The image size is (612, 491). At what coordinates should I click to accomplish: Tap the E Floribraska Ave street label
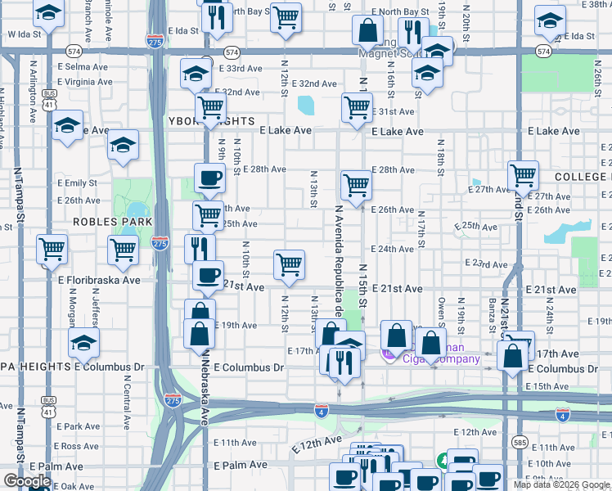pyautogui.click(x=99, y=280)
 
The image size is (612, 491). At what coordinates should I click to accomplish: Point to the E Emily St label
pyautogui.click(x=78, y=183)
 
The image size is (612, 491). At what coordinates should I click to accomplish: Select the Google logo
pyautogui.click(x=27, y=481)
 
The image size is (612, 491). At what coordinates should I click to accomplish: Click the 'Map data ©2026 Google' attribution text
pyautogui.click(x=561, y=484)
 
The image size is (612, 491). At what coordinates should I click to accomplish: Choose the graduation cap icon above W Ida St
pyautogui.click(x=50, y=13)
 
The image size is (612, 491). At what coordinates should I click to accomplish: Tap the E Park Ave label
pyautogui.click(x=79, y=426)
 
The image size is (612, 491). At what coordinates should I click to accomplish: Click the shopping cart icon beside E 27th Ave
pyautogui.click(x=524, y=174)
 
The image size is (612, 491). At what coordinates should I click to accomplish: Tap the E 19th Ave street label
pyautogui.click(x=237, y=325)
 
